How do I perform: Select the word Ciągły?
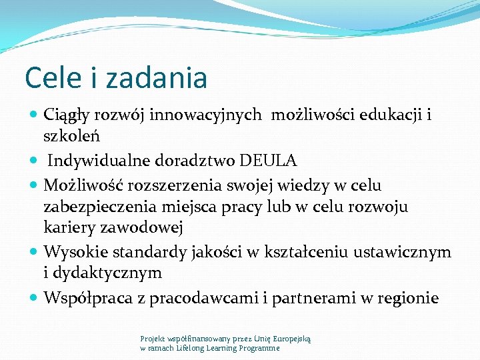pos(70,115)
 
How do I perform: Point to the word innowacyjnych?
pos(205,115)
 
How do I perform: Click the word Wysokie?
pos(72,251)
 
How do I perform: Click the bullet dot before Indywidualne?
pos(35,161)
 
